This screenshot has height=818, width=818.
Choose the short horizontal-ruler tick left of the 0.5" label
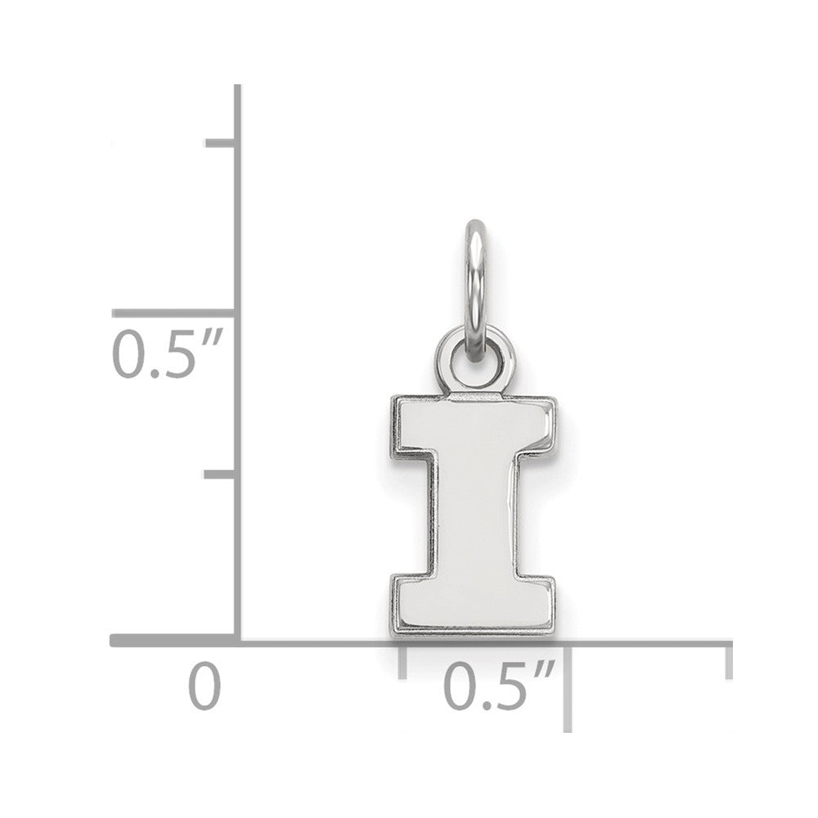(402, 661)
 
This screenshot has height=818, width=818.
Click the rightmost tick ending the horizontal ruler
(728, 661)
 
